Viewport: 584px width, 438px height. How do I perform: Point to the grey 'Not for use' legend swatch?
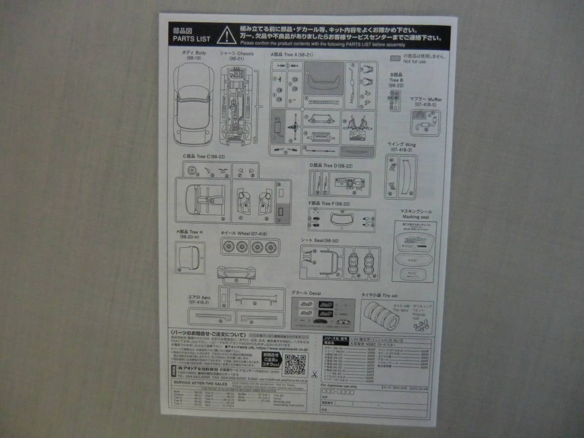point(395,57)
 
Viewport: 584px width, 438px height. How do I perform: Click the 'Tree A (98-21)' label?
point(292,55)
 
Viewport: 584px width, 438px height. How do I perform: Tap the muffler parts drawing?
point(425,122)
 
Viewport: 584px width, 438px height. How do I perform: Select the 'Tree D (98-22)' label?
point(330,165)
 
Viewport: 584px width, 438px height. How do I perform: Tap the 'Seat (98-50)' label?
point(319,240)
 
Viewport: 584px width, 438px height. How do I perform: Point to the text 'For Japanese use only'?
point(340,386)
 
